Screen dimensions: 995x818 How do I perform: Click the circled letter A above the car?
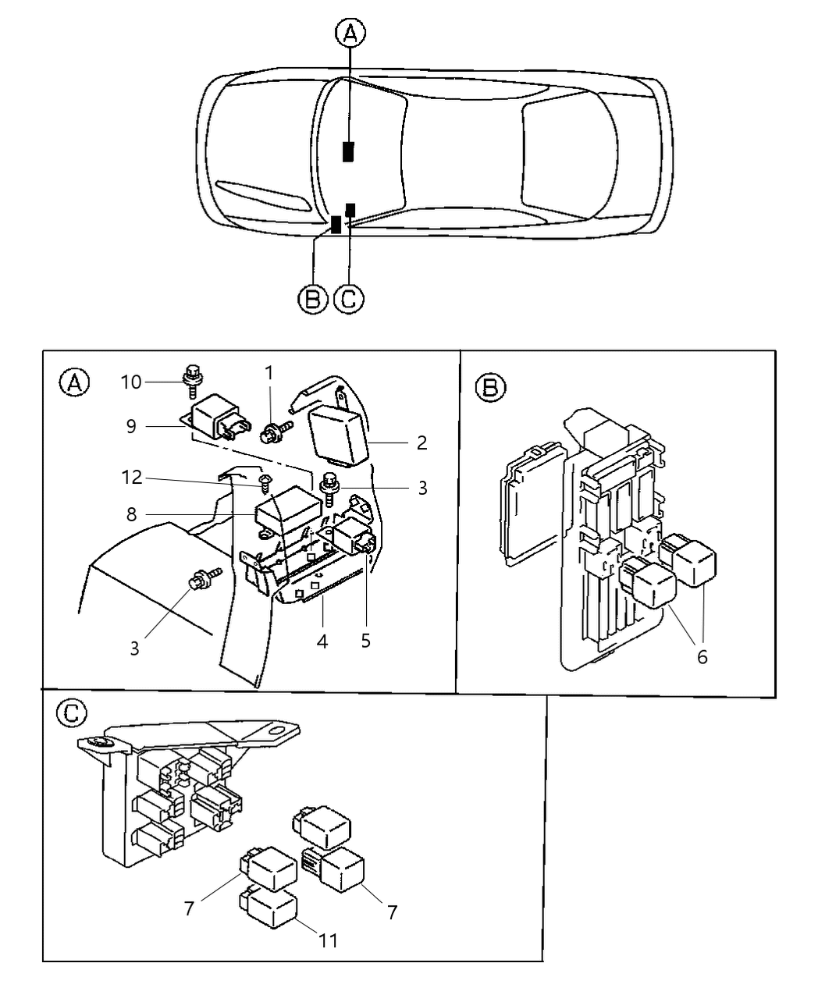click(x=350, y=34)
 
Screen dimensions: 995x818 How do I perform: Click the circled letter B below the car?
click(x=312, y=300)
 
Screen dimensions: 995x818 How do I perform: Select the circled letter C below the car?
click(x=349, y=300)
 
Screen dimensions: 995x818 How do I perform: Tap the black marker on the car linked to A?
click(x=348, y=151)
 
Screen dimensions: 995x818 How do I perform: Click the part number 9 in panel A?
click(x=130, y=426)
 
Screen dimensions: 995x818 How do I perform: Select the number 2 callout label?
click(x=421, y=443)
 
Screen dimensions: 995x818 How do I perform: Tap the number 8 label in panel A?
click(x=130, y=514)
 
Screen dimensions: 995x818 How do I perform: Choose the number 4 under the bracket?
click(x=322, y=641)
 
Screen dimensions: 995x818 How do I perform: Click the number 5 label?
click(x=365, y=641)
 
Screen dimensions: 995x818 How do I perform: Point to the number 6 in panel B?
click(x=702, y=657)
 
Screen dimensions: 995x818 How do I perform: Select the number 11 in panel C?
click(x=329, y=940)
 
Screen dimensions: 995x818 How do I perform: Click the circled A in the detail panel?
click(x=75, y=382)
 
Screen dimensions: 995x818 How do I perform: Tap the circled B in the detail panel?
click(x=490, y=388)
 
